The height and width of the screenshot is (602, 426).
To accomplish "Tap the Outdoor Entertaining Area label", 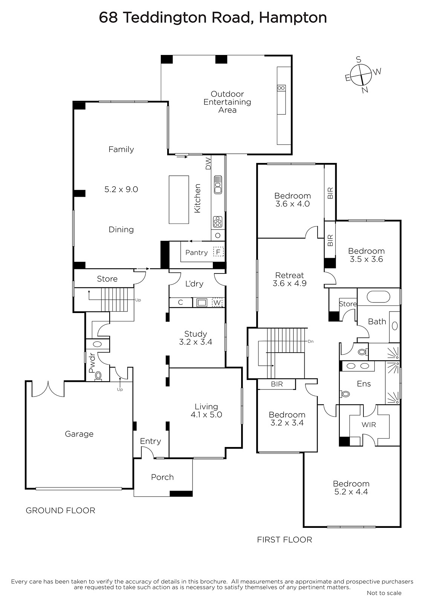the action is (x=227, y=102).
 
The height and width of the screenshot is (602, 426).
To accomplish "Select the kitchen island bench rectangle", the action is (x=179, y=199).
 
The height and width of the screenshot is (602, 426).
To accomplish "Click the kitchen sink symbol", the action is (x=218, y=185).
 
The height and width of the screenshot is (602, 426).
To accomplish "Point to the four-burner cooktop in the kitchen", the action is (x=218, y=222).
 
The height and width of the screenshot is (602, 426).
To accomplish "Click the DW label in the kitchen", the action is (x=208, y=163).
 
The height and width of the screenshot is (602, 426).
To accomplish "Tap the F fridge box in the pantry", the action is (x=218, y=252).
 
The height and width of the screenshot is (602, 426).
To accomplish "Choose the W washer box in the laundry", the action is (x=217, y=303).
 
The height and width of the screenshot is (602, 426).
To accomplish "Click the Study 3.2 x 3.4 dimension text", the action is (x=195, y=342).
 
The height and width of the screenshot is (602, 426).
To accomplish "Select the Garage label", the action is (x=79, y=434).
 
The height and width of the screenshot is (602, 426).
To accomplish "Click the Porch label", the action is (x=162, y=477).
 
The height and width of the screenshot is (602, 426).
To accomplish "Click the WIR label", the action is (x=369, y=425).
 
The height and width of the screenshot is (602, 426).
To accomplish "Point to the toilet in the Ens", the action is (x=345, y=394).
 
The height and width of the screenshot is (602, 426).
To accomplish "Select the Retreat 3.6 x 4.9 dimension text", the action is (x=290, y=283).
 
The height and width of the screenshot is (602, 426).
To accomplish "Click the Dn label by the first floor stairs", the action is (x=310, y=342).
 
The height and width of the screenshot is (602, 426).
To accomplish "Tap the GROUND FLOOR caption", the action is (x=61, y=510).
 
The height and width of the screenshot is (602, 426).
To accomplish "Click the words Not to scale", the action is (x=384, y=593).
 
